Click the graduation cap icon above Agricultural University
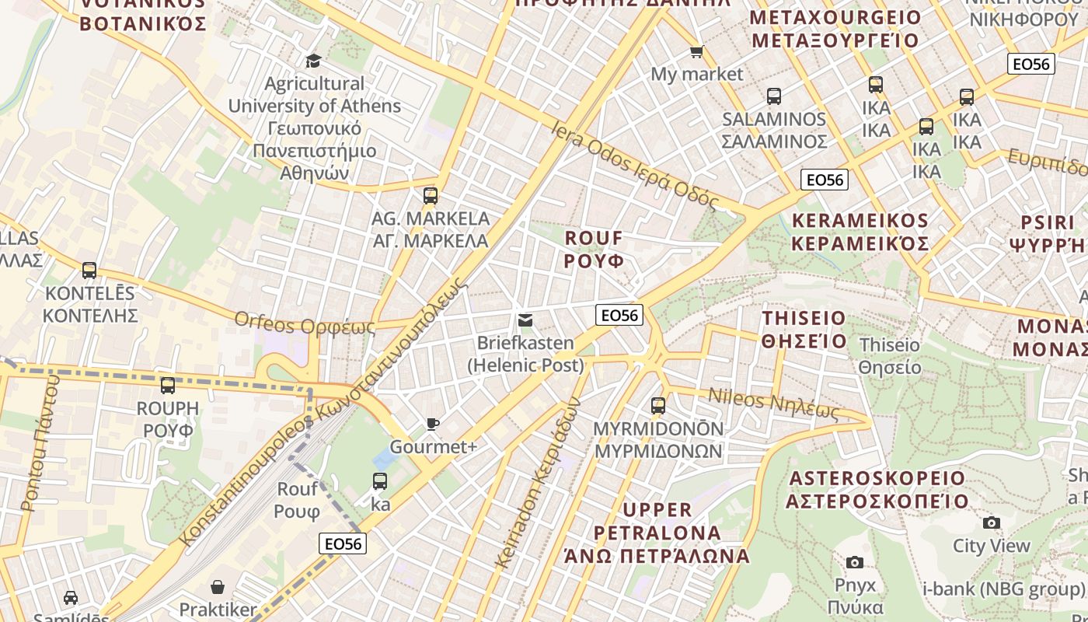click(313, 61)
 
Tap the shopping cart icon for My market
click(696, 52)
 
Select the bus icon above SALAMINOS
click(773, 96)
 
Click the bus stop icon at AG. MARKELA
click(431, 196)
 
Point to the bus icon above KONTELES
click(89, 271)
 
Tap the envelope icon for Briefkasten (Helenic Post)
click(525, 320)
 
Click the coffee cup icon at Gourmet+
click(433, 424)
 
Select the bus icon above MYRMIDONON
click(658, 406)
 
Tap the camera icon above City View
click(991, 523)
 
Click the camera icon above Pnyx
click(855, 562)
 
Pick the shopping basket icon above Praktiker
click(218, 586)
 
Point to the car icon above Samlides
click(71, 598)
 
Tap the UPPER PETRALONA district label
click(657, 533)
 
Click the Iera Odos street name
click(635, 165)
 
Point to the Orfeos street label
click(305, 323)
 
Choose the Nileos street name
click(773, 404)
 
